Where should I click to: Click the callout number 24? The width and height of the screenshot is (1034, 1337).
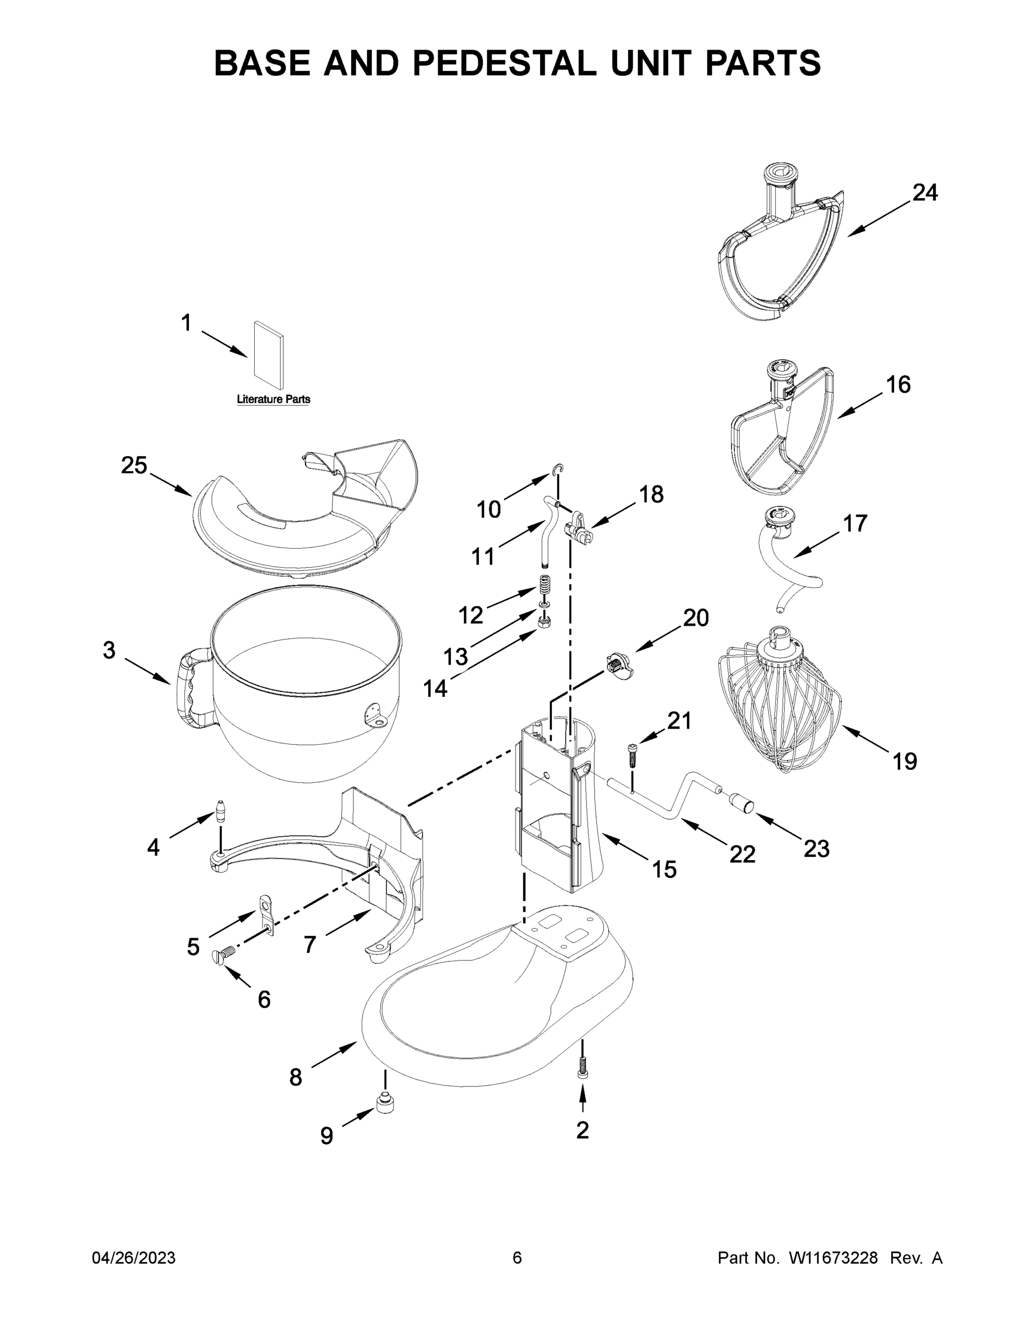924,192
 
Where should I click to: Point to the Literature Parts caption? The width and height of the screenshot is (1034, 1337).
273,399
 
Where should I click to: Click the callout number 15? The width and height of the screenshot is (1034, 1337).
664,868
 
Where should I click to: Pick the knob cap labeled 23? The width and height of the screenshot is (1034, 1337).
741,803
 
